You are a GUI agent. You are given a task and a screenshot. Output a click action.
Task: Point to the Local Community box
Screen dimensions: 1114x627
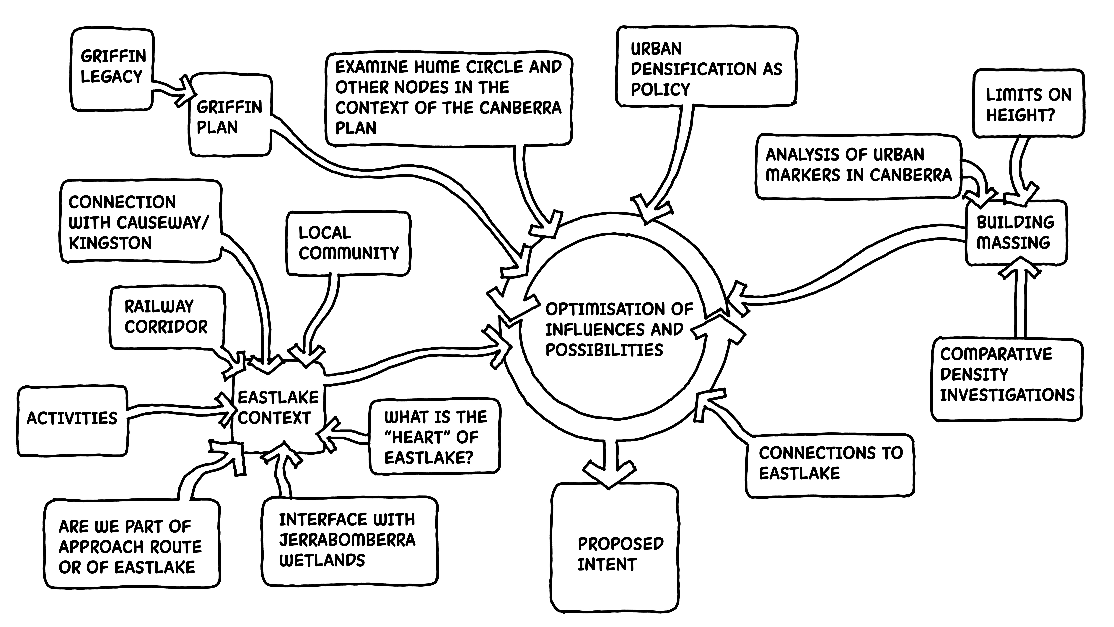click(x=348, y=243)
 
